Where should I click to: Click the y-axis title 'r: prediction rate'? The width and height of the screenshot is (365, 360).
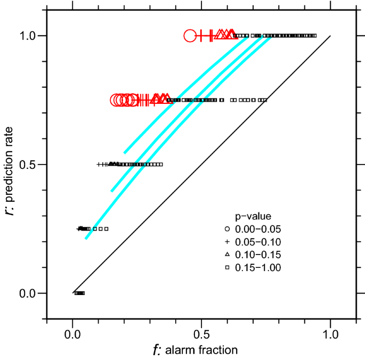click(11, 165)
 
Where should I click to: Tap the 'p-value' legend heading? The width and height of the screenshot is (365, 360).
click(254, 217)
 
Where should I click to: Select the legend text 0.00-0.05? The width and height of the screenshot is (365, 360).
click(258, 230)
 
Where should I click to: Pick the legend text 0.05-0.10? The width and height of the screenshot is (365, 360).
click(258, 242)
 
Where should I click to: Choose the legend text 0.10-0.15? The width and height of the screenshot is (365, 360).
click(258, 255)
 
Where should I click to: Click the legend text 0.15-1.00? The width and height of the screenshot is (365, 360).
click(258, 268)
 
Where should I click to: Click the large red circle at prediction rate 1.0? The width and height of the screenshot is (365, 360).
click(190, 36)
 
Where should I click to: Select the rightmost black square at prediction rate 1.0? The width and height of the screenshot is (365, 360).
click(315, 36)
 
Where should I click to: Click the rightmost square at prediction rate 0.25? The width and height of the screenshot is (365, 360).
click(106, 229)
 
